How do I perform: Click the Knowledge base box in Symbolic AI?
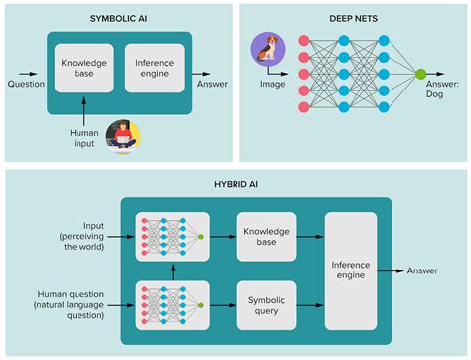(83, 69)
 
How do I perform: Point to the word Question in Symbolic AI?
(25, 84)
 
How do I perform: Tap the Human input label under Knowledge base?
(83, 138)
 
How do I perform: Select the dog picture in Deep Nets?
(267, 49)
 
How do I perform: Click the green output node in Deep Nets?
(420, 73)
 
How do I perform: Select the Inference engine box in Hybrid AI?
(350, 269)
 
